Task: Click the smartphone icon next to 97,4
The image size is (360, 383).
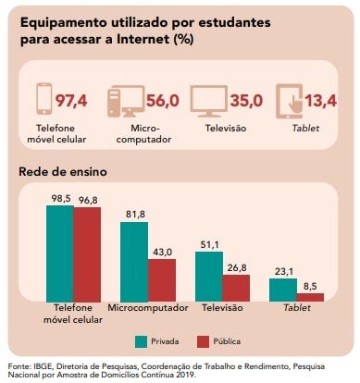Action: click(44, 99)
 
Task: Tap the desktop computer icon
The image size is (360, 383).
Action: click(126, 102)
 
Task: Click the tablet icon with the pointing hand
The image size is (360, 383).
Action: click(290, 102)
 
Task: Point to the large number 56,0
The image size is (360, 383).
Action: click(163, 101)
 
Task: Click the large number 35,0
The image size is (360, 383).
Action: click(246, 101)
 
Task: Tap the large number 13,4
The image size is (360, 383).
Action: click(321, 101)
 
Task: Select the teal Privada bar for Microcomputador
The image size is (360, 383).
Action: click(134, 262)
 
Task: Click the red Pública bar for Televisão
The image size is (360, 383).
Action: click(236, 288)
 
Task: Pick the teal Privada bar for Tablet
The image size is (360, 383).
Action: click(283, 290)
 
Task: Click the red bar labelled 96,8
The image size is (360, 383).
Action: click(87, 254)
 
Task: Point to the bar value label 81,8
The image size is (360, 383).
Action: click(135, 214)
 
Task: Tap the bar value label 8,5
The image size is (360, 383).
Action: click(310, 287)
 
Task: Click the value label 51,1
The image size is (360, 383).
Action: click(210, 244)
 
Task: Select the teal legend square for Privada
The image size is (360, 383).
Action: click(141, 342)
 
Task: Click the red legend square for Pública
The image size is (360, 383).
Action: click(203, 342)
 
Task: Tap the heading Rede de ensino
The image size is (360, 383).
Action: click(63, 172)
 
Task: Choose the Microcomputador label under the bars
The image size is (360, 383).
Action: click(148, 308)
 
